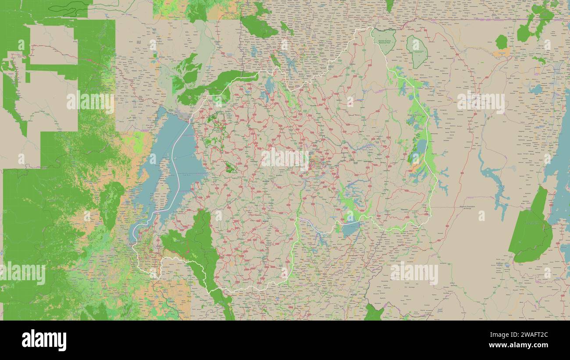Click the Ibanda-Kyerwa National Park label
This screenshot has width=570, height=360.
[384, 42]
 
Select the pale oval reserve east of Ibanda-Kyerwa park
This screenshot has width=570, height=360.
[416, 52]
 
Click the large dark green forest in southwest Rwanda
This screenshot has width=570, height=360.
[193, 246]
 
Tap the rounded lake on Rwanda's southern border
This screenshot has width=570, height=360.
[350, 229]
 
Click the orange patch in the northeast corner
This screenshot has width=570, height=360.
[501, 53]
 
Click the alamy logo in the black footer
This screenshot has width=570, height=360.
[44, 340]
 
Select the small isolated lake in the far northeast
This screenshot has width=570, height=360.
[535, 89]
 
